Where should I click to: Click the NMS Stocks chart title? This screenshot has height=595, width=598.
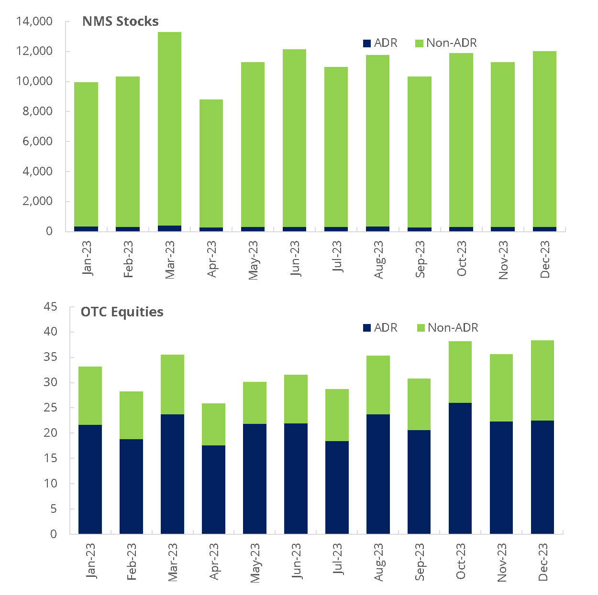(x=120, y=22)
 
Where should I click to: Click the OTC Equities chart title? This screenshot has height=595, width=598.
(x=122, y=312)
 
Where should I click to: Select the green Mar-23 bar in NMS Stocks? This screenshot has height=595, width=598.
(x=169, y=129)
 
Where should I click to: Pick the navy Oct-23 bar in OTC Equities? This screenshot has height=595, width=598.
(x=460, y=468)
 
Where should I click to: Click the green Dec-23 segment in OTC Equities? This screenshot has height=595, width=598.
(x=543, y=380)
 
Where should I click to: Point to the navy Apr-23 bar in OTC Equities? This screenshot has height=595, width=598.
(x=213, y=489)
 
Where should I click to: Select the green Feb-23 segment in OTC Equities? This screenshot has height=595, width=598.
(x=131, y=415)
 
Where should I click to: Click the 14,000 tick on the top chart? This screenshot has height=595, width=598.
(x=34, y=22)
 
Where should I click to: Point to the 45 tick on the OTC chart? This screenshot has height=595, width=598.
(x=50, y=307)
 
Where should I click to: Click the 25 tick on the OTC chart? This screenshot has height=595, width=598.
(x=50, y=408)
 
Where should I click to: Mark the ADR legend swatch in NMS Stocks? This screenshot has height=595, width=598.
(x=367, y=43)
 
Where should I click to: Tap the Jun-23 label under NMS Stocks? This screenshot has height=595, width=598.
(x=295, y=259)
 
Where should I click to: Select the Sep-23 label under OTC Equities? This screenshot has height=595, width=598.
(x=420, y=562)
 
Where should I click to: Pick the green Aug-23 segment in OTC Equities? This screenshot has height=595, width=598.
(x=378, y=385)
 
